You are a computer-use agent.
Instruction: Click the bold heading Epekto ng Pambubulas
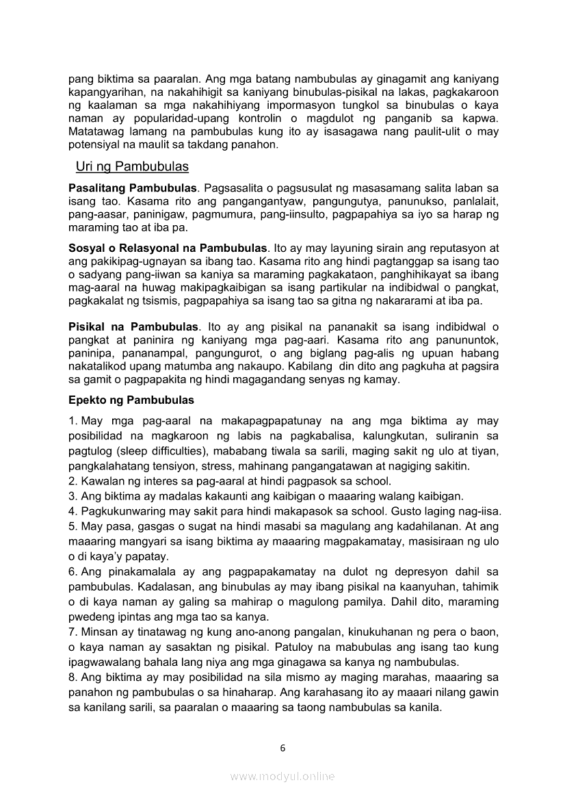[131, 400]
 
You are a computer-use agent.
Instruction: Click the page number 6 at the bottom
[282, 748]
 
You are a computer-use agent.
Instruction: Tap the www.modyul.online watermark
[282, 776]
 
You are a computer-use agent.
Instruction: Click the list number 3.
[72, 496]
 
